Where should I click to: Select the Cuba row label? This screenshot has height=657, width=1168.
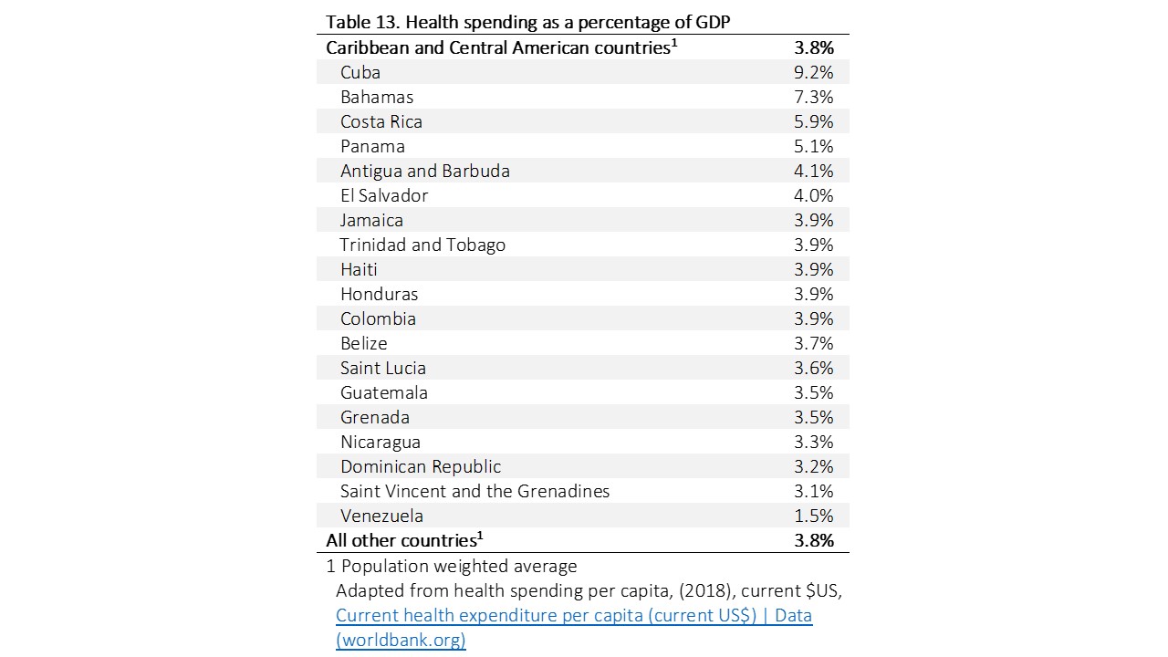coord(360,72)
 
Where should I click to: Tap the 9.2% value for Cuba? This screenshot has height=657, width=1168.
coord(814,72)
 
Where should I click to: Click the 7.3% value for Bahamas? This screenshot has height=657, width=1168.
coord(814,97)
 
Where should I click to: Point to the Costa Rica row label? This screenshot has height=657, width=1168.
coord(381,121)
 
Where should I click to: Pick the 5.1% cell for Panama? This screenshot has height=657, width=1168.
coord(814,146)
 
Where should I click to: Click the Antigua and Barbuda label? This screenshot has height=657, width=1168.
coord(425,171)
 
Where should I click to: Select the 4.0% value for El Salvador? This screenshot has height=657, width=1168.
coord(814,195)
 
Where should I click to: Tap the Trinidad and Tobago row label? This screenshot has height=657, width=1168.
coord(422,245)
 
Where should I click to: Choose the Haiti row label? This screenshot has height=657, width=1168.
coord(359,269)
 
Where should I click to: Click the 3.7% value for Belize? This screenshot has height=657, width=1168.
coord(814,343)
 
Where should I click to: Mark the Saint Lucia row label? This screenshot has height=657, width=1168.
coord(383,368)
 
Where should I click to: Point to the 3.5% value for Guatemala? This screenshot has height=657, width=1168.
coord(814,392)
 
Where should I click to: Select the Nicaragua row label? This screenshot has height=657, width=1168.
coord(381,442)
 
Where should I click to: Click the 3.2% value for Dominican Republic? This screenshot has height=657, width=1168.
coord(814,466)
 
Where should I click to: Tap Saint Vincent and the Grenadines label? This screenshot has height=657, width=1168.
coord(474,491)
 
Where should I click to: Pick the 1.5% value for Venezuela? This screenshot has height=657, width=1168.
coord(814,516)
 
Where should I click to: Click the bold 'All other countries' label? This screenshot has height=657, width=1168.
coord(401,540)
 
